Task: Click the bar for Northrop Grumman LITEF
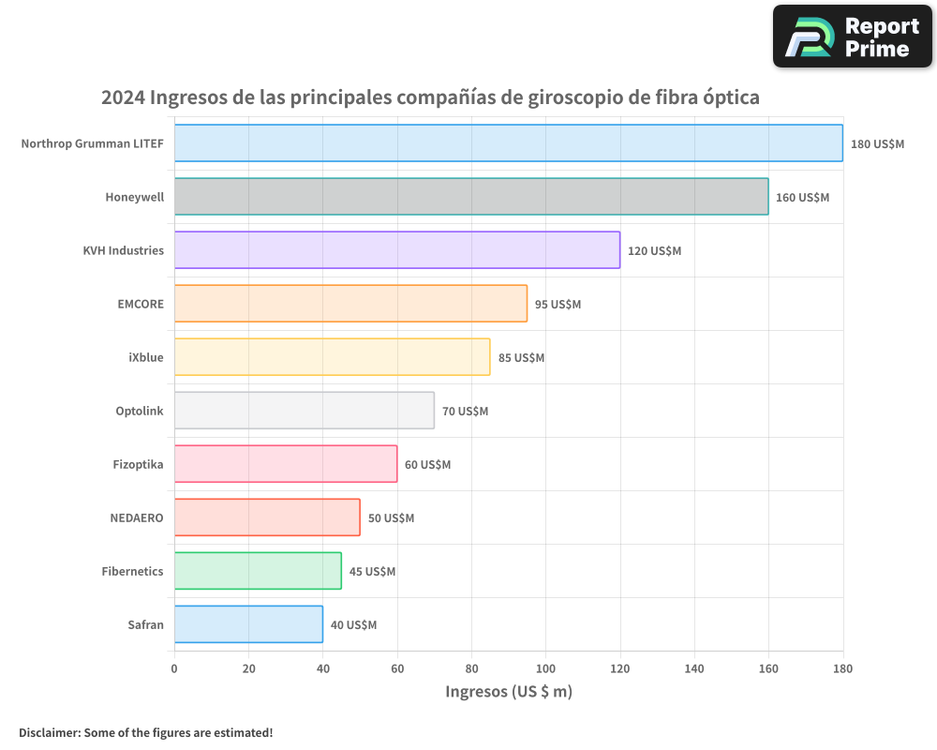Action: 508,142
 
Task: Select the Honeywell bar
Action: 471,197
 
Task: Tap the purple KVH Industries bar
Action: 396,250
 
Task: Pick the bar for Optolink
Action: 304,411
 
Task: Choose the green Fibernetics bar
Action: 258,571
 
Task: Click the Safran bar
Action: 248,624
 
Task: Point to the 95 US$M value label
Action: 558,305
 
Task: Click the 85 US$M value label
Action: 521,358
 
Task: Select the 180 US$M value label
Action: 877,144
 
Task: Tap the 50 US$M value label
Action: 391,518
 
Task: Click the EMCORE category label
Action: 141,304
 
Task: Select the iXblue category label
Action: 145,357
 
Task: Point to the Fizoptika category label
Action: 138,464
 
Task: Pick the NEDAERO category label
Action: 137,517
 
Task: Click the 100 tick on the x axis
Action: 545,668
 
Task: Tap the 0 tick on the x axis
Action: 174,668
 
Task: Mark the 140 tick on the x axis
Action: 693,668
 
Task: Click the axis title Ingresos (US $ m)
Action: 508,692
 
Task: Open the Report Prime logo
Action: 853,37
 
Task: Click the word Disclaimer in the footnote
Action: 48,732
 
